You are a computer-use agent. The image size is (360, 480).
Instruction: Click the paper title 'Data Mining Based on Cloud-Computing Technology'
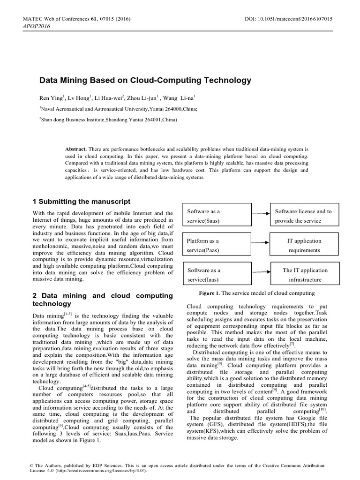coord(145,80)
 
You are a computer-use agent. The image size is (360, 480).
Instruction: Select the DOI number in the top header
coord(288,19)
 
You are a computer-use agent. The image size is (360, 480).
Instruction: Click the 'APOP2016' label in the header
coord(36,26)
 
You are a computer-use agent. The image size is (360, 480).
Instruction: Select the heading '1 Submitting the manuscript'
coord(82,202)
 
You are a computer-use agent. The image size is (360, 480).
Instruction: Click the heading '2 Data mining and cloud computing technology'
coord(103,300)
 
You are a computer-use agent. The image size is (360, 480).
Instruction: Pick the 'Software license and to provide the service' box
coord(303,216)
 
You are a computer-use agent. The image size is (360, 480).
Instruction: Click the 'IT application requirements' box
coord(303,245)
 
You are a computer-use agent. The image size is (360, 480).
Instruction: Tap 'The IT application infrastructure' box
coord(303,275)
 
